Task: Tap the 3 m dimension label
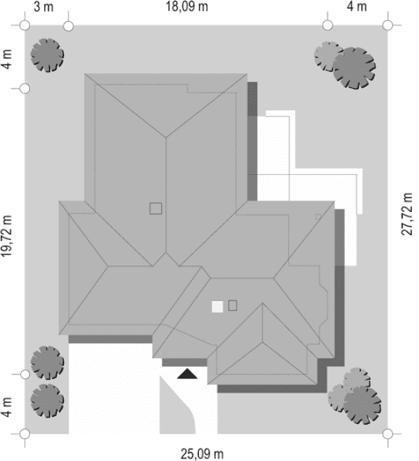(43, 7)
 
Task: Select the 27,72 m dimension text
(407, 211)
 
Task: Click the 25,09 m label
(202, 453)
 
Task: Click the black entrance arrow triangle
(187, 374)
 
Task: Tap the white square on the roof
(217, 306)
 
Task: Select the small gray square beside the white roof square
(233, 305)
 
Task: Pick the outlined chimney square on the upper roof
(155, 208)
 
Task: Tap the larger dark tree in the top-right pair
(355, 67)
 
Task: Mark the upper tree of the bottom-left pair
(48, 362)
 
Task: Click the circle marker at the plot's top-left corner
(24, 25)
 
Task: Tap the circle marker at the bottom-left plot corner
(24, 433)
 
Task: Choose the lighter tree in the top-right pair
(328, 57)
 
